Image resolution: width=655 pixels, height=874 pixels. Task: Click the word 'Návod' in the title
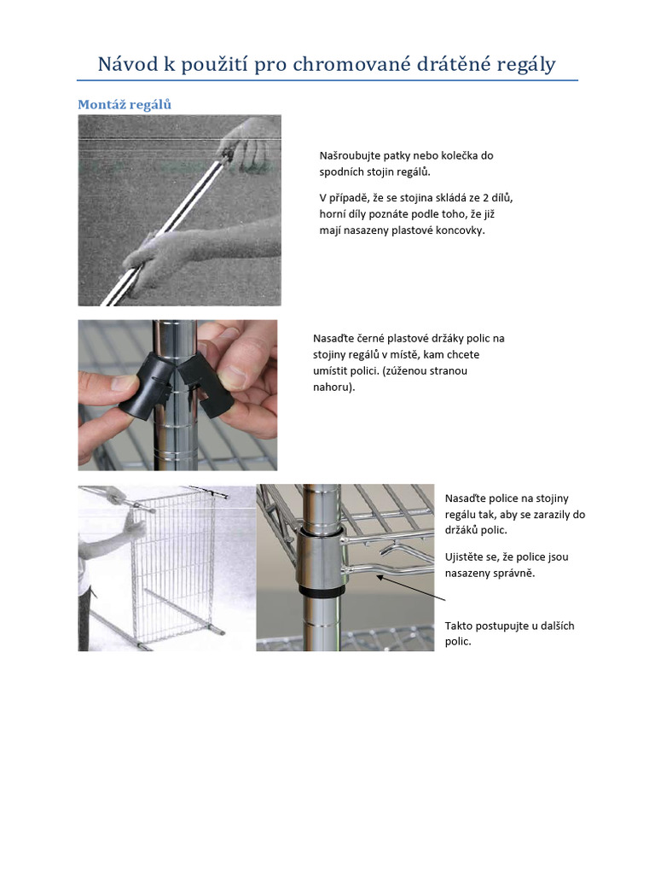click(x=128, y=64)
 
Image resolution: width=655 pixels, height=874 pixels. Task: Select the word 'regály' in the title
click(x=526, y=65)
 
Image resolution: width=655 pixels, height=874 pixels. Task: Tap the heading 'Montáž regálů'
click(x=125, y=104)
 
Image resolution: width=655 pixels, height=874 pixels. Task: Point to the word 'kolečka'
click(x=457, y=155)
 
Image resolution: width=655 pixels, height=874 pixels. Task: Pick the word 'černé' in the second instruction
click(x=370, y=338)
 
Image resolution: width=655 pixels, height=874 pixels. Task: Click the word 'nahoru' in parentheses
click(x=331, y=387)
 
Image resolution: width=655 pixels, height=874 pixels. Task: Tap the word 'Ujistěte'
click(x=466, y=556)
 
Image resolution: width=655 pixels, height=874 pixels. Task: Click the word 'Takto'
click(x=458, y=626)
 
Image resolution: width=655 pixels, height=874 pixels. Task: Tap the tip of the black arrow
click(x=377, y=577)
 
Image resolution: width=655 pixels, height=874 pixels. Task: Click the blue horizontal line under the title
click(x=327, y=80)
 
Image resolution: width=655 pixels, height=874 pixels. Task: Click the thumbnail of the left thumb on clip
click(x=123, y=382)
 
